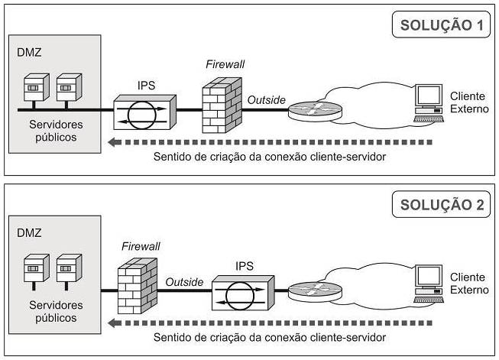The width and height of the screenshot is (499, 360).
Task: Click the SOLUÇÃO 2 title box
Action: click(441, 204)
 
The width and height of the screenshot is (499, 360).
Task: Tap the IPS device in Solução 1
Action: click(145, 113)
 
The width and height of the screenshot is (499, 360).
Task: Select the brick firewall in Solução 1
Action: click(221, 106)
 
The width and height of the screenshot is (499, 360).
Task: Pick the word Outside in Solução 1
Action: click(266, 99)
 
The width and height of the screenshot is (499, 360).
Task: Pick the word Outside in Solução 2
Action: click(184, 281)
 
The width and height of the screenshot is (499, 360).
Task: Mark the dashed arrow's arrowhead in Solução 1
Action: click(113, 141)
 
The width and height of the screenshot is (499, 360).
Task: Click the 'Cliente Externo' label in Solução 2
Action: click(468, 284)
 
